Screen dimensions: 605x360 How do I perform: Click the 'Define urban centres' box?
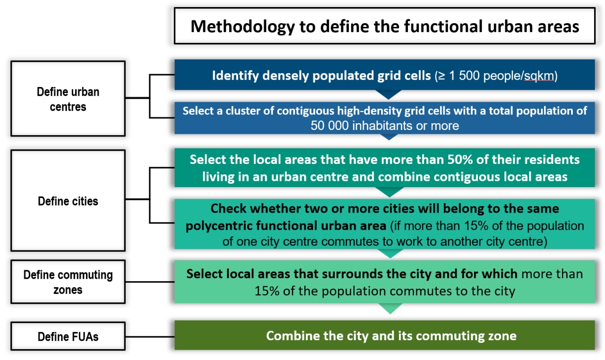pos(68,99)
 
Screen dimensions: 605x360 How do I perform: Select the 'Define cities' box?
pos(68,200)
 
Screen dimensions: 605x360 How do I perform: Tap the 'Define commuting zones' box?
pos(68,282)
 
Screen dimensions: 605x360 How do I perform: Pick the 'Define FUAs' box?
pos(68,336)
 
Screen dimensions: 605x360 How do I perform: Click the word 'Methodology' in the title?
pos(242,27)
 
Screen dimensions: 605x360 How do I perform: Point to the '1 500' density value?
pos(464,76)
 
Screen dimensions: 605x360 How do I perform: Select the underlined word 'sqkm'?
pos(539,76)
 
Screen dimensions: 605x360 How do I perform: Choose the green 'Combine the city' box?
pos(385,335)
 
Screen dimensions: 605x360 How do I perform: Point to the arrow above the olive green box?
pos(390,309)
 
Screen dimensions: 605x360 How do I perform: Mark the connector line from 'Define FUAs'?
pos(150,336)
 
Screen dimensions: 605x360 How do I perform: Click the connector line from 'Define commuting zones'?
pos(150,282)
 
